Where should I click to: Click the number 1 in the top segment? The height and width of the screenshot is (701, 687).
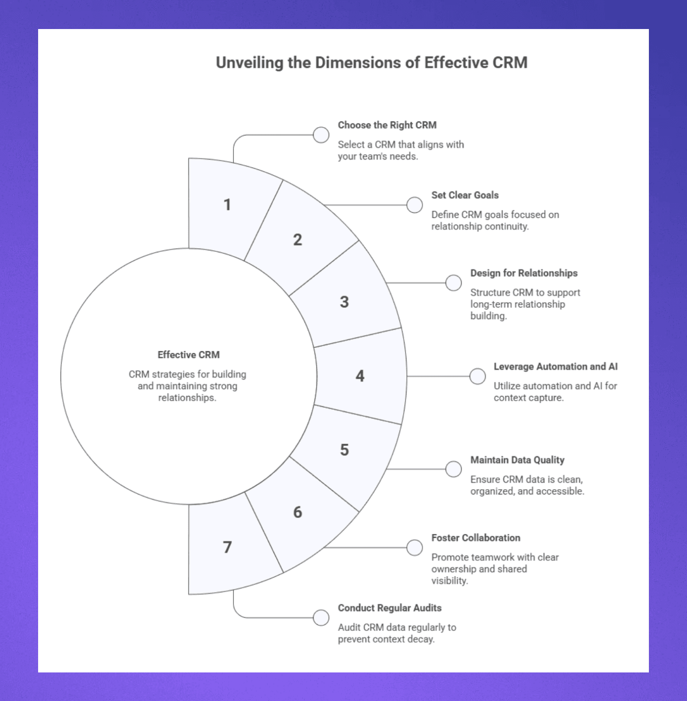[227, 205]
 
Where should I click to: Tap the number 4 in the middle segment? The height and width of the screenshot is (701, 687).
[360, 376]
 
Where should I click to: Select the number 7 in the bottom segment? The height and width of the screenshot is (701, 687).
[227, 547]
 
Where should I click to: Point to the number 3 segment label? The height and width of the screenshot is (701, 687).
[344, 302]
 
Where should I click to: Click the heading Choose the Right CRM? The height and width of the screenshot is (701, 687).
[387, 125]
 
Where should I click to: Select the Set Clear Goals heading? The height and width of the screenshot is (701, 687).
[465, 195]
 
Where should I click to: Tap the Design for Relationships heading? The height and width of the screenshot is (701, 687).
[524, 273]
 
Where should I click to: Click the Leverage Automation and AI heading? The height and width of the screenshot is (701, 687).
[555, 366]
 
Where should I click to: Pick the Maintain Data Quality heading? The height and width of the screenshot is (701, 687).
[517, 460]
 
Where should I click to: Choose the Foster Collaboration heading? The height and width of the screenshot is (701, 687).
[475, 538]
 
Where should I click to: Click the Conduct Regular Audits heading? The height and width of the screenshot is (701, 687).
[389, 608]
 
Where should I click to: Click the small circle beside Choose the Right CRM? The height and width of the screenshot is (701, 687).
[321, 135]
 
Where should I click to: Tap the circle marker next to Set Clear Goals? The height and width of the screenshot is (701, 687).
[414, 205]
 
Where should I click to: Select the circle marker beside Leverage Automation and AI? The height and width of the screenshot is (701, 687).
[477, 376]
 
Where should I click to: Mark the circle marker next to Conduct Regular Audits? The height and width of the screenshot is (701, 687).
[321, 618]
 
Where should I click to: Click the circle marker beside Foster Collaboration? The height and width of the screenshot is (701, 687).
[414, 547]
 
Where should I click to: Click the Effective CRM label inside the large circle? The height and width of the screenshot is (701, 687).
[188, 355]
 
